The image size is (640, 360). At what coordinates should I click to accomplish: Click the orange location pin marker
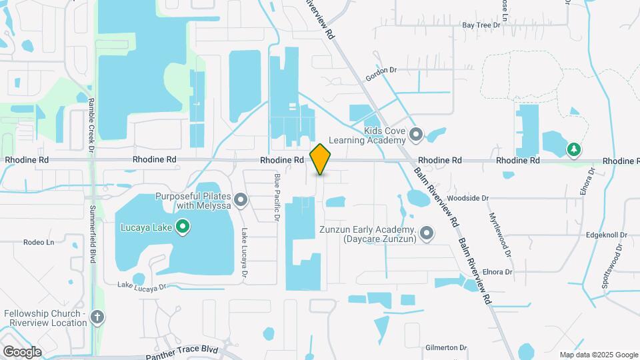click(320, 159)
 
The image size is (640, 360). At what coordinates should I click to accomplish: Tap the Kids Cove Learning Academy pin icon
click(417, 135)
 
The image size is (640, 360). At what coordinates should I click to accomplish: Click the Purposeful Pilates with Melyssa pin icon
click(241, 200)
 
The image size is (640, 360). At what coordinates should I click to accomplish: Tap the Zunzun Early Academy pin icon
click(427, 233)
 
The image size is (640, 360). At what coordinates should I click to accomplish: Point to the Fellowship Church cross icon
click(97, 317)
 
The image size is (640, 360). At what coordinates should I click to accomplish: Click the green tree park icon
click(573, 149)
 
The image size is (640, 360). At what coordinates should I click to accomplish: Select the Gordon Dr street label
click(381, 73)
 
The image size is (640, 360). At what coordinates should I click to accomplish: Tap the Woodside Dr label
click(468, 198)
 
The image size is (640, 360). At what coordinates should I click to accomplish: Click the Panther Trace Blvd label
click(182, 352)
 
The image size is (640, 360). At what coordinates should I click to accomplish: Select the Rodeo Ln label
click(38, 242)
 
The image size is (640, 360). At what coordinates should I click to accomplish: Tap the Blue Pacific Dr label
click(276, 197)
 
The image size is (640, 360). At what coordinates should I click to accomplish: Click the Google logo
click(22, 352)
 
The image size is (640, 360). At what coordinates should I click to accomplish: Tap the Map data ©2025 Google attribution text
click(598, 355)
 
